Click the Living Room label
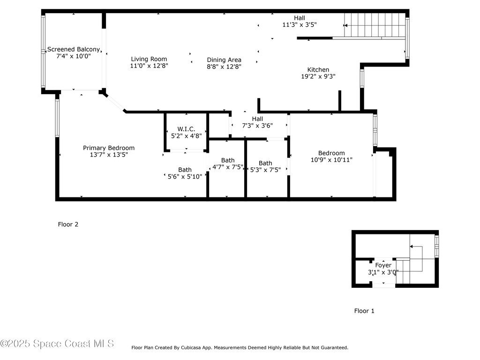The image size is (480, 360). point(149,59)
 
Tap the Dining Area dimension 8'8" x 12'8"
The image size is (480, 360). point(224,67)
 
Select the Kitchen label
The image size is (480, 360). point(318,69)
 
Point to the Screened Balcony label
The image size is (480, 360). point(74,49)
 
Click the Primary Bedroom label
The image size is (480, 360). point(109,148)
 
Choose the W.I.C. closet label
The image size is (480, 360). point(186,129)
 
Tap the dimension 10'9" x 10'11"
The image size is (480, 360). point(331,160)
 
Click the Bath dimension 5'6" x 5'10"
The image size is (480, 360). point(185,177)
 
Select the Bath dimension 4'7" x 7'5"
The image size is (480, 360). point(228,167)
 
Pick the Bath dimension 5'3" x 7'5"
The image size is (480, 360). point(265,170)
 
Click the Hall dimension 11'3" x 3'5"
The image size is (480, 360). point(299,25)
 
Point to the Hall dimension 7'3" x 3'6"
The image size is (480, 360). point(257,126)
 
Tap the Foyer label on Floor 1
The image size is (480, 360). point(383,265)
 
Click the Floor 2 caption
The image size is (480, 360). point(68,225)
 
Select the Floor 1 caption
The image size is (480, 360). point(364,311)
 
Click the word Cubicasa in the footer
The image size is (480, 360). point(201,348)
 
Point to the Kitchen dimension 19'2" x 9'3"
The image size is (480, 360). point(318,76)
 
